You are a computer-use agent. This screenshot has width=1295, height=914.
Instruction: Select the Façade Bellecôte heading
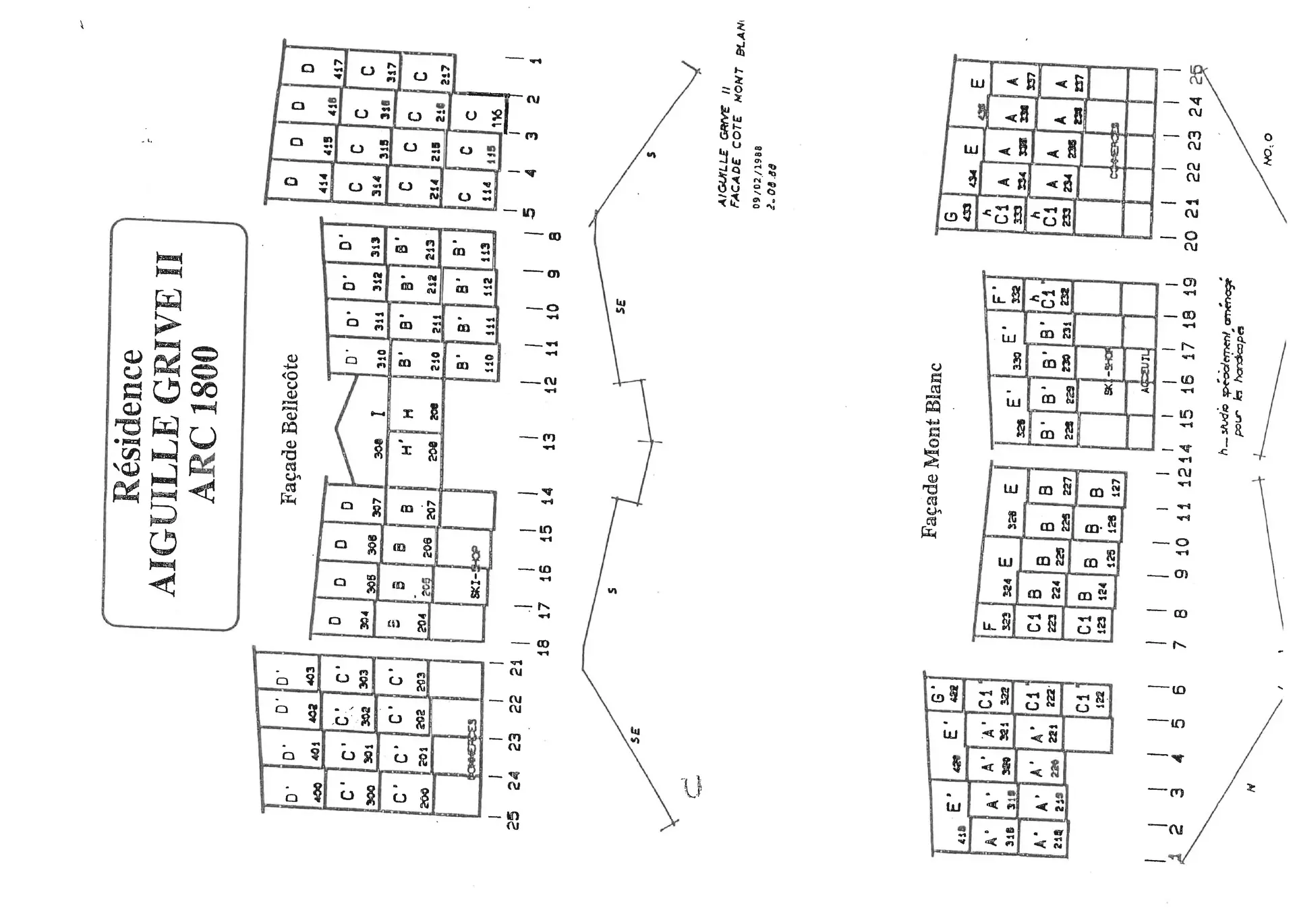(x=289, y=430)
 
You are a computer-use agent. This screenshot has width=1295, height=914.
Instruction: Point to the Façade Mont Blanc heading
(x=931, y=451)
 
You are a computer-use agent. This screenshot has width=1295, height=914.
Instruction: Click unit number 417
(x=338, y=68)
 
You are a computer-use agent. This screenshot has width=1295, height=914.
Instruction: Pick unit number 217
(x=445, y=74)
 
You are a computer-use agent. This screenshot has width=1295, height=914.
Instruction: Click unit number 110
(x=490, y=363)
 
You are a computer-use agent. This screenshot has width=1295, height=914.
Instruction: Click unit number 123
(x=1101, y=624)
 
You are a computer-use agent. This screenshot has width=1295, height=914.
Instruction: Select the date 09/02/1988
(x=758, y=177)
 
